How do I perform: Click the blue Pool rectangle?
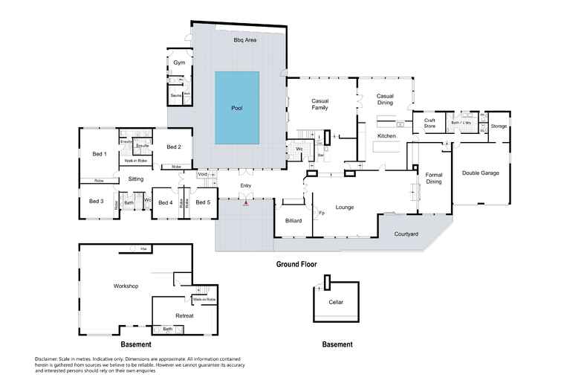[237, 108]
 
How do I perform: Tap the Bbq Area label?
[245, 39]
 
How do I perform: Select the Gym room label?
[179, 62]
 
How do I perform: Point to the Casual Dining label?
[385, 99]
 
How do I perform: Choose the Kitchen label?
[386, 136]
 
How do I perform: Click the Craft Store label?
[429, 123]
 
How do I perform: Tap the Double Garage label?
[481, 173]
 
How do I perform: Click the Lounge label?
[345, 207]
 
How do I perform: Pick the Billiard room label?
[293, 221]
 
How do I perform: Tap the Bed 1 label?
[100, 154]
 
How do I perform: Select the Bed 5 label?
[203, 202]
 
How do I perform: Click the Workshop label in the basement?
[126, 286]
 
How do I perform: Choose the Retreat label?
[184, 315]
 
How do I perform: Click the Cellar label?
[336, 302]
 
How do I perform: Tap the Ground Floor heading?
[297, 264]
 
